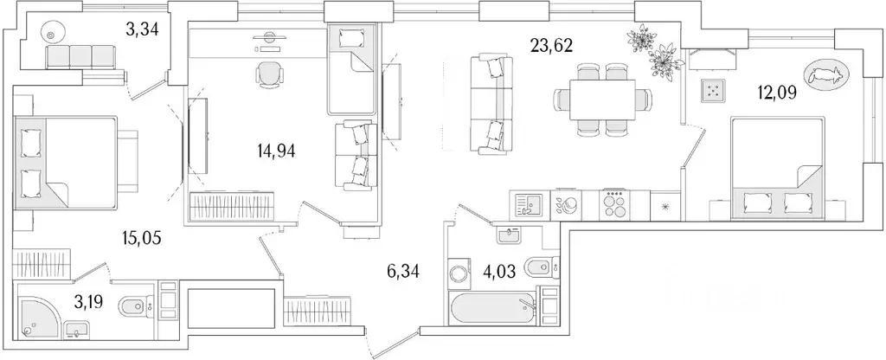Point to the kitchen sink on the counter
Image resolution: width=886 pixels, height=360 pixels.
click(526, 205)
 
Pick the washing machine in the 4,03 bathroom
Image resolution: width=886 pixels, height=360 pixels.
click(459, 274)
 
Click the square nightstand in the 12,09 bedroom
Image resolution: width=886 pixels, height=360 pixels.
click(713, 90)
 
